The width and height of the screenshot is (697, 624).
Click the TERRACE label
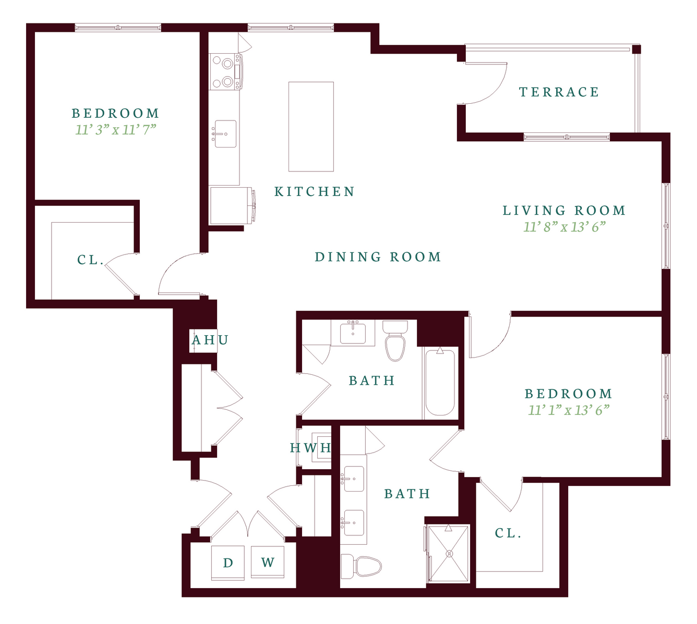point(559,92)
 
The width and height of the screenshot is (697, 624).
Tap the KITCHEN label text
point(315,192)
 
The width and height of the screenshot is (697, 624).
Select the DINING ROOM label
point(378,257)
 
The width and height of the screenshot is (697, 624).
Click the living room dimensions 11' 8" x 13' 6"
point(564,227)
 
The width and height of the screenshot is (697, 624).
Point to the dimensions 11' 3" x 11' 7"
point(116,130)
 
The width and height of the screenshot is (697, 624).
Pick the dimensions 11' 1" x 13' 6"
point(569,410)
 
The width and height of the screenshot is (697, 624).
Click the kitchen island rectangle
point(311,127)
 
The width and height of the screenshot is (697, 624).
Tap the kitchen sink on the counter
point(225,134)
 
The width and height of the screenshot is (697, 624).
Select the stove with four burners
point(225,72)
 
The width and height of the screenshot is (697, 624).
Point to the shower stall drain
point(449,554)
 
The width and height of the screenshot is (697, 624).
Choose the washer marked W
point(268,562)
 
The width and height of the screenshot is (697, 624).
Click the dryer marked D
point(228,562)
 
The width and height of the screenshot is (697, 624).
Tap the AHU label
point(210,340)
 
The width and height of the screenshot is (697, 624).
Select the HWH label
point(310,448)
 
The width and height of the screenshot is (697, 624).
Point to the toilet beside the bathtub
point(395,340)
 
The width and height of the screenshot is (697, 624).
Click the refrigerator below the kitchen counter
point(231,205)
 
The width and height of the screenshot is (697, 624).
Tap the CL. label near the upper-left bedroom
point(91,260)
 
